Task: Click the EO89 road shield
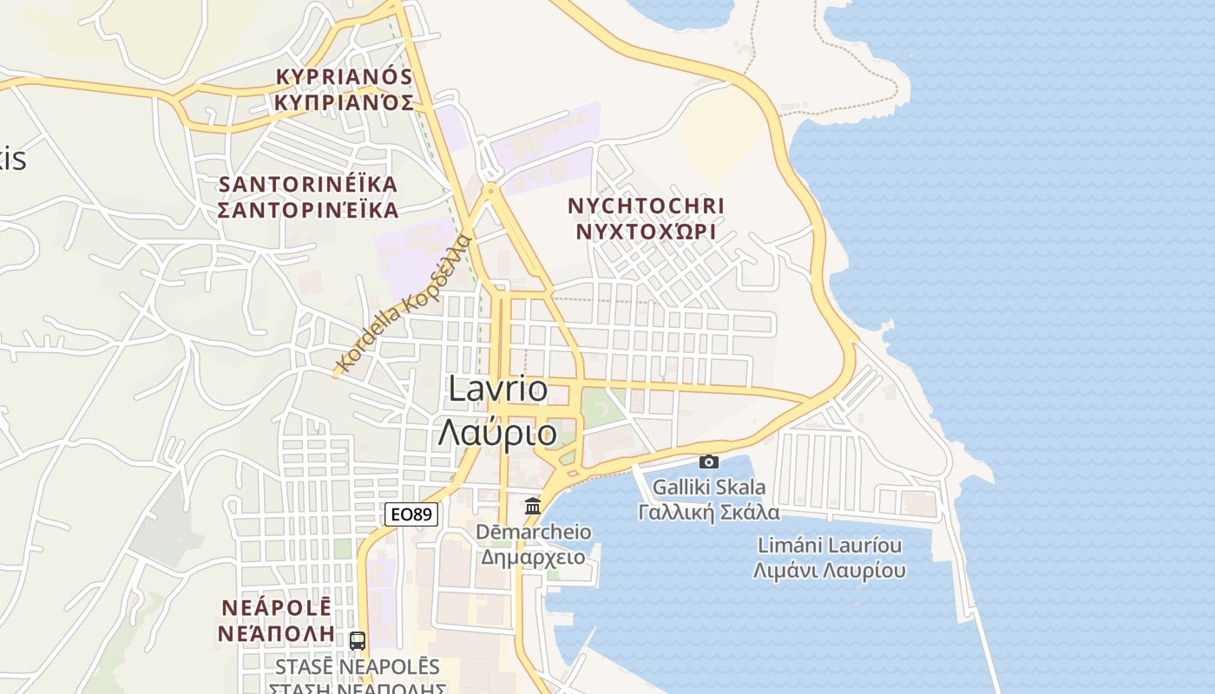[x=411, y=514]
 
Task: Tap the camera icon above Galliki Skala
[x=709, y=462]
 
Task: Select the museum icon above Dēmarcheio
[x=533, y=506]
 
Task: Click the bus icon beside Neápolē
[x=357, y=641]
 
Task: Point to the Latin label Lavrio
[x=498, y=390]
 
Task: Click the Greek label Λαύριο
[x=497, y=432]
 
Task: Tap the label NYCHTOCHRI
[x=646, y=206]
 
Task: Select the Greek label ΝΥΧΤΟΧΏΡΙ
[x=646, y=232]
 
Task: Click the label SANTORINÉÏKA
[x=308, y=185]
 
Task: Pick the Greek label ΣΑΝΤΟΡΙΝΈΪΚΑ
[x=308, y=210]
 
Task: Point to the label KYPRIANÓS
[x=344, y=76]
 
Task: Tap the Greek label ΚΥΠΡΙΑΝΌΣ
[x=344, y=102]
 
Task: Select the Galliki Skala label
[x=709, y=487]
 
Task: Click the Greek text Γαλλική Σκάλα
[x=709, y=512]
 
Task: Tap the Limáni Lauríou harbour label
[x=830, y=546]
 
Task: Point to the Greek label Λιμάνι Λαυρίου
[x=830, y=570]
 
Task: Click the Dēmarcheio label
[x=534, y=532]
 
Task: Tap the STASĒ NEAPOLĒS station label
[x=358, y=667]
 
